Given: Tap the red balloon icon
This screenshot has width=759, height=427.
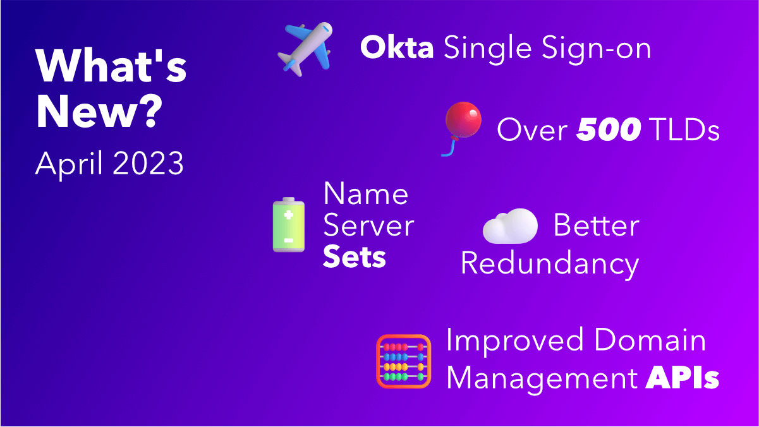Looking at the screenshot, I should pyautogui.click(x=463, y=121).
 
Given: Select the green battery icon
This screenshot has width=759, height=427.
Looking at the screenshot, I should pyautogui.click(x=289, y=226).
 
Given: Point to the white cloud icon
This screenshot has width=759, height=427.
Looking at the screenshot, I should pyautogui.click(x=510, y=226).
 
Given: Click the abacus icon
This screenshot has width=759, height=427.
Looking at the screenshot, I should pyautogui.click(x=403, y=361).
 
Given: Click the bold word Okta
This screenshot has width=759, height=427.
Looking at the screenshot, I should pyautogui.click(x=397, y=48).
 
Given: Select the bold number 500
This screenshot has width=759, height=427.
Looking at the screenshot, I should pyautogui.click(x=609, y=130).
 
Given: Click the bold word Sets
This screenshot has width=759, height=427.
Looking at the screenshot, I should pyautogui.click(x=354, y=258).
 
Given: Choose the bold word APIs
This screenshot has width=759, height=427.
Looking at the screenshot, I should pyautogui.click(x=683, y=378).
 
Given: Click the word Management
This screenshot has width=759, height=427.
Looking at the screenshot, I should pyautogui.click(x=545, y=378).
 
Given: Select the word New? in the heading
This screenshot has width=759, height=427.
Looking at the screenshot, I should pyautogui.click(x=99, y=112).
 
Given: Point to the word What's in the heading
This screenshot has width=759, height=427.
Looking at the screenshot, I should pyautogui.click(x=111, y=66).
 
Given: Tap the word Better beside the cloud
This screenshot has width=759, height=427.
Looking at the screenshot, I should pyautogui.click(x=596, y=226).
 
